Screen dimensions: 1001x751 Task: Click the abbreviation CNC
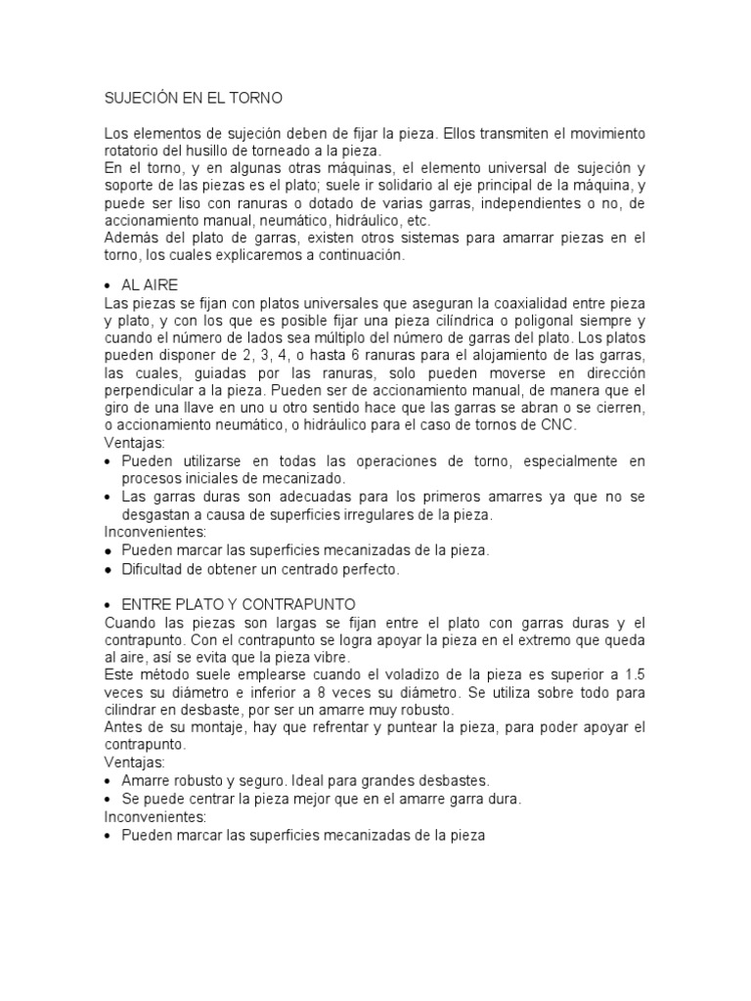point(560,425)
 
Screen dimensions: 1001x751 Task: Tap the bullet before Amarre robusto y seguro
point(108,780)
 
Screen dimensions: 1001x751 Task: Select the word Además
point(130,239)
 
